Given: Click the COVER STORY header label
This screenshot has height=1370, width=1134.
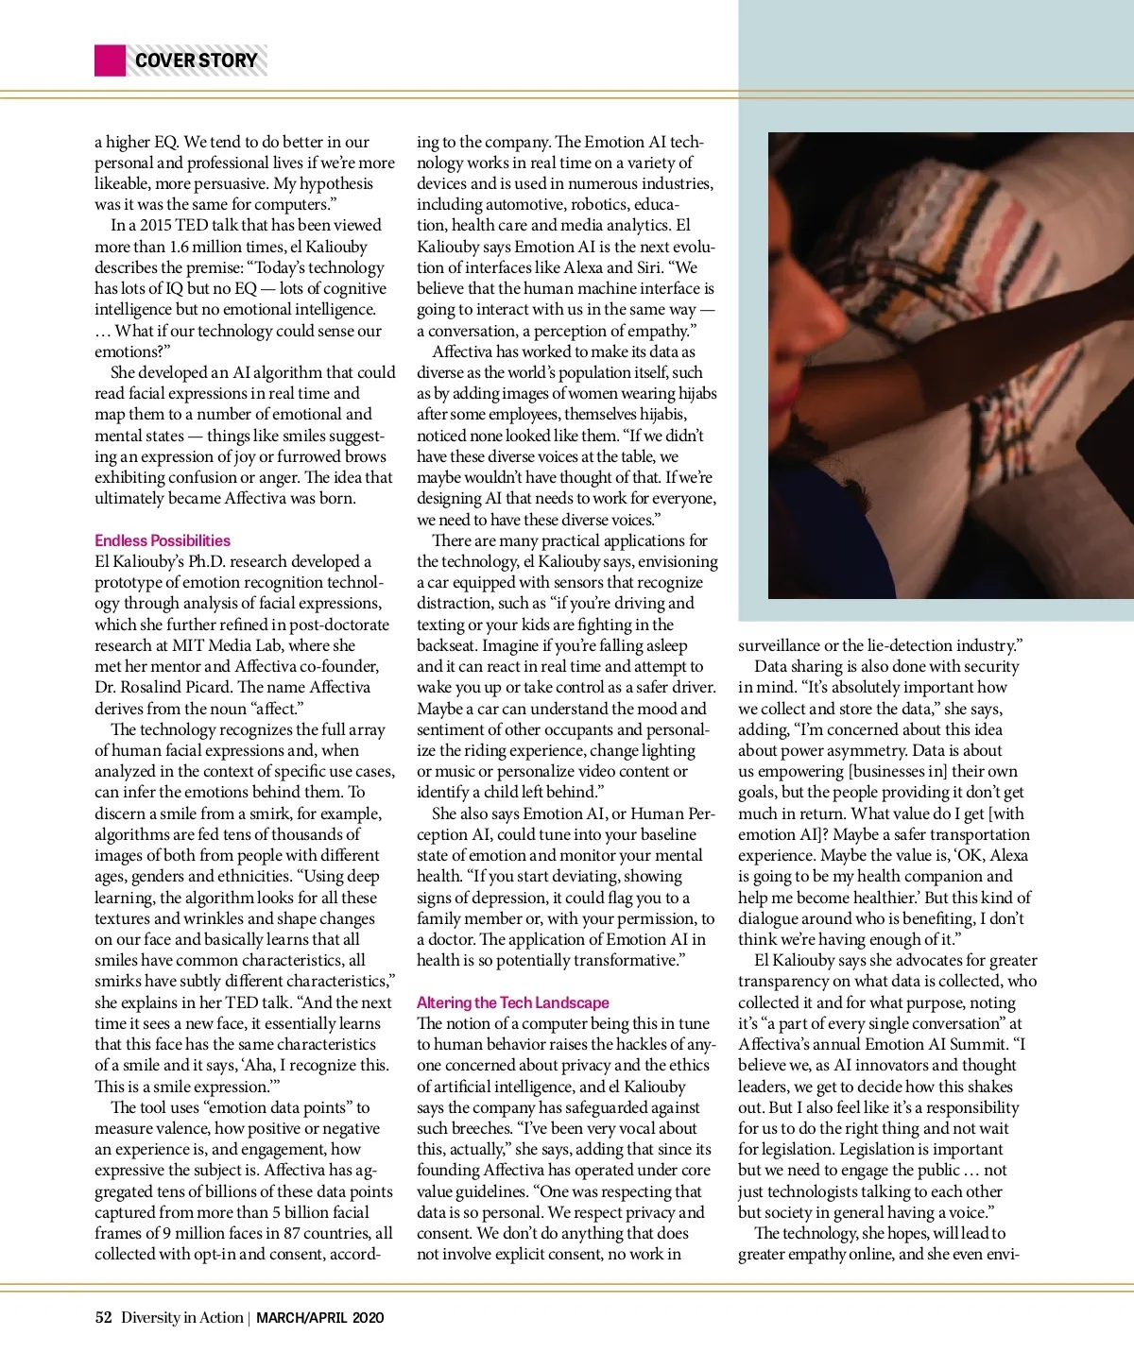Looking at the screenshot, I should coord(196,60).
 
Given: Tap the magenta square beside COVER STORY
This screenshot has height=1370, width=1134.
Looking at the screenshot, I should coord(110,60).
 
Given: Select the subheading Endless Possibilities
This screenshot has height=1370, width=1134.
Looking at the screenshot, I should coord(163,540).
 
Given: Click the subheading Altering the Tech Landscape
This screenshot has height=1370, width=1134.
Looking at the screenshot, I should coord(512,1002).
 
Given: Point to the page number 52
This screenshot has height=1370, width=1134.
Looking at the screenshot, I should coord(103,1317).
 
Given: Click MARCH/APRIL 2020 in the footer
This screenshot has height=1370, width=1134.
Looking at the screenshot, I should coord(319,1317).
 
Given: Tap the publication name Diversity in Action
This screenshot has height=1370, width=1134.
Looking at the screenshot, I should coord(181,1317).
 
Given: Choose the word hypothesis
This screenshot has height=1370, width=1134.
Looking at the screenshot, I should coord(335,183).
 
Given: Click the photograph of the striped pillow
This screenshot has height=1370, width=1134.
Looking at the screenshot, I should coord(950,365).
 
